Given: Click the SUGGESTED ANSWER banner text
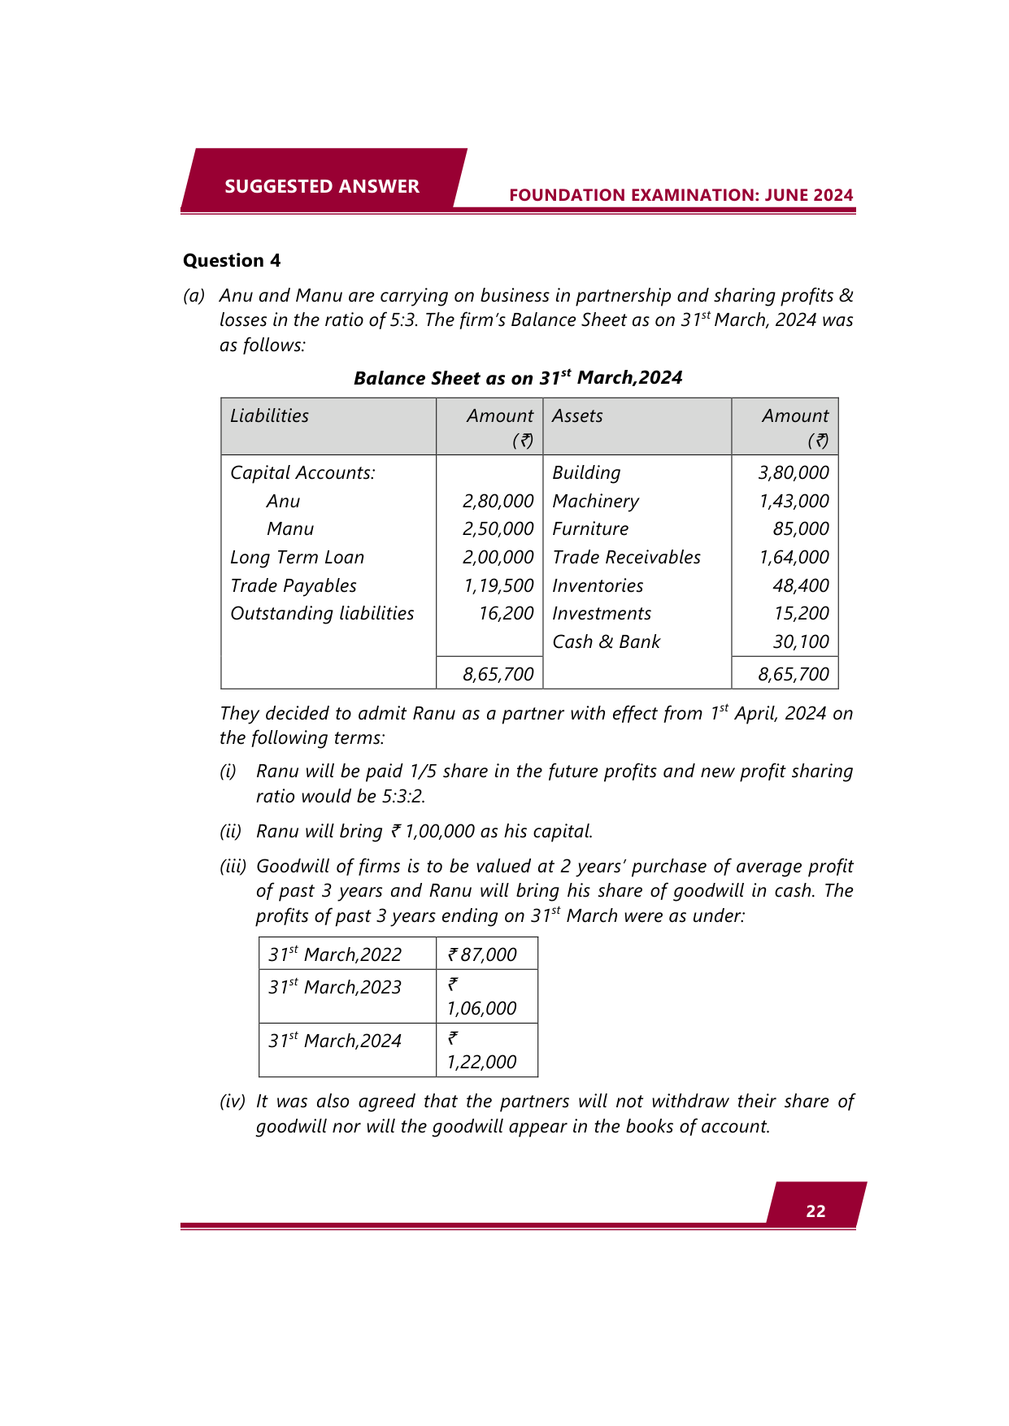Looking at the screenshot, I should [322, 186].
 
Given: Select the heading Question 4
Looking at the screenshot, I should [232, 260].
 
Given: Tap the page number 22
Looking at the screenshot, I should [815, 1211].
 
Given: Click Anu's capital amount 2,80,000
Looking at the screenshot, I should [498, 501].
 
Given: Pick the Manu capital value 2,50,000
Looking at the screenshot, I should [498, 528].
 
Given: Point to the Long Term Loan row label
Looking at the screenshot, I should [297, 557].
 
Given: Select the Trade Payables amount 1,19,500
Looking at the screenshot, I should [498, 585].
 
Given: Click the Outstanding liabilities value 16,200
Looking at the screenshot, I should [506, 613].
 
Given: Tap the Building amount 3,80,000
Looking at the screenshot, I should [794, 472].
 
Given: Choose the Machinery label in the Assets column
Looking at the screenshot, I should [595, 501].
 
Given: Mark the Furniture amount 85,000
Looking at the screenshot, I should [801, 528].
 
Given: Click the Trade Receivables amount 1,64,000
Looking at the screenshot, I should [794, 557].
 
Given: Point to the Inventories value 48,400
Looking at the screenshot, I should [801, 585].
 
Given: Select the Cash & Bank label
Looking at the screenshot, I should [606, 641].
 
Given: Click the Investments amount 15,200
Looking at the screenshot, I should [801, 613].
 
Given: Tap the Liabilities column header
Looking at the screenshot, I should [269, 415].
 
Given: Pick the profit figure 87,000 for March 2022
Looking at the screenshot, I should [488, 954].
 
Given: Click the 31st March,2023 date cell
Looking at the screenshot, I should [335, 987].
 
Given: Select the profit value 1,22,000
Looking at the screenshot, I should [481, 1062].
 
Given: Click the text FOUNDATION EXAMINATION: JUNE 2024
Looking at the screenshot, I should [681, 195].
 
